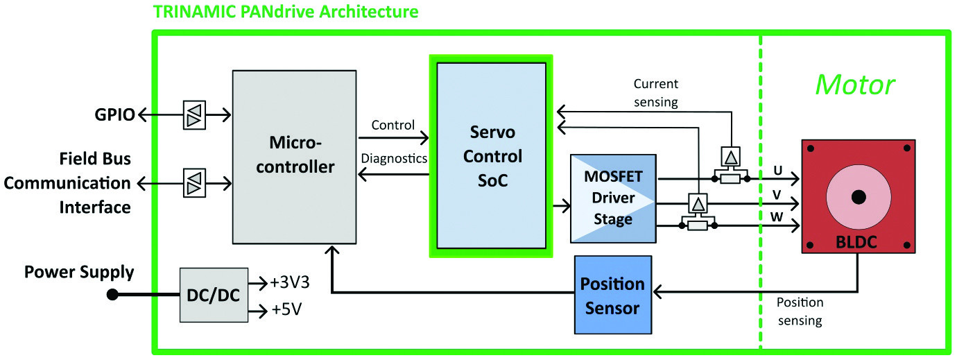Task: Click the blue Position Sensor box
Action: (612, 294)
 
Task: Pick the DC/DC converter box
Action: (214, 295)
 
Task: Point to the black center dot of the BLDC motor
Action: (858, 196)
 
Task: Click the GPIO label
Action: (114, 114)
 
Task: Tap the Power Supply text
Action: (79, 272)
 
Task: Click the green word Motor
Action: (854, 85)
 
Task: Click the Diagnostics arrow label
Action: (394, 158)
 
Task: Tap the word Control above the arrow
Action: (393, 126)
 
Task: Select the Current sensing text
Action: (656, 93)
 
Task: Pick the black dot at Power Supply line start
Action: (112, 295)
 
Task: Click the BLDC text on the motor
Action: (857, 243)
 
